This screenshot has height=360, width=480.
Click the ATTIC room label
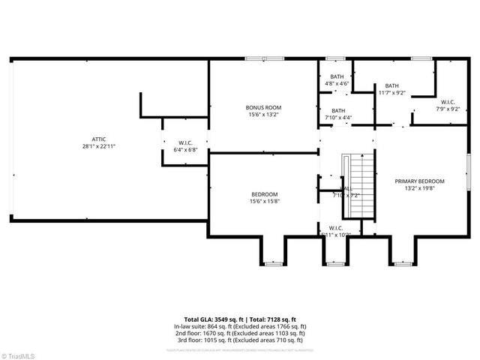click(98, 139)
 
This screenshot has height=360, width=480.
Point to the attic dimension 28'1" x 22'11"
click(98, 146)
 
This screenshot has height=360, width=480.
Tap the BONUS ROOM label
click(263, 107)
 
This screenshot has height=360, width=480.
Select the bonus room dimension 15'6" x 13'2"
click(263, 115)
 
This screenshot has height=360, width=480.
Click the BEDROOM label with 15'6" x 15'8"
click(263, 194)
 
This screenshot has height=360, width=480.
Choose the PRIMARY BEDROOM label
click(420, 181)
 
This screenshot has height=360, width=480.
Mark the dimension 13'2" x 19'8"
click(420, 189)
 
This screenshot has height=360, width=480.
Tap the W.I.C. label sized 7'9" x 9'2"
click(448, 101)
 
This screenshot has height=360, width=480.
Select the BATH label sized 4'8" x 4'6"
click(337, 76)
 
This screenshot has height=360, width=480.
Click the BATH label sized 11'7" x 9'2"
click(392, 85)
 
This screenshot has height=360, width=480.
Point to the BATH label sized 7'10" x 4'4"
click(339, 110)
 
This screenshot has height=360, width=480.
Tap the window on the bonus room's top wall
click(256, 59)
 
